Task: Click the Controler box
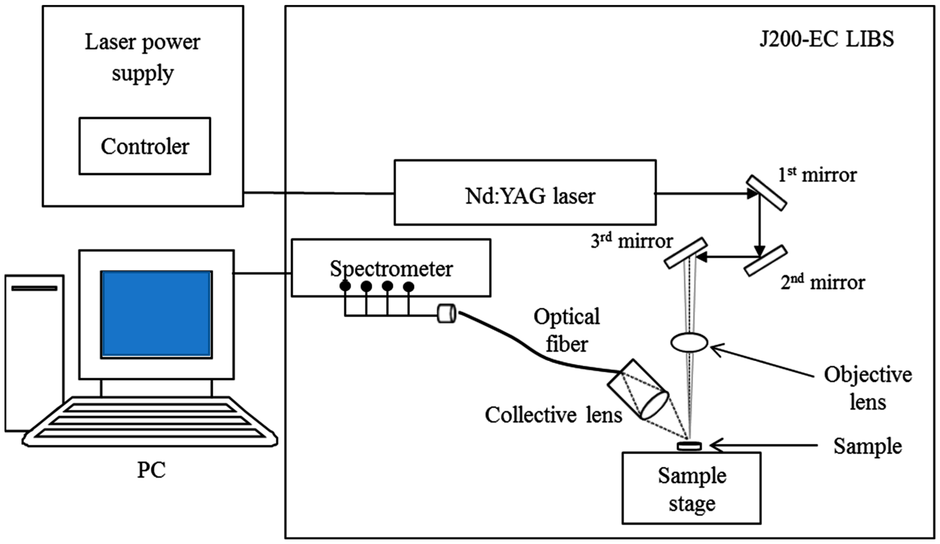click(x=145, y=146)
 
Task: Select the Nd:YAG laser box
click(x=525, y=193)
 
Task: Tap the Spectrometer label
click(x=391, y=268)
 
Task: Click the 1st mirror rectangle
click(x=766, y=193)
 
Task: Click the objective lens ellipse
click(x=689, y=342)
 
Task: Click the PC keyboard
click(x=150, y=422)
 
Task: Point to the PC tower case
click(x=34, y=353)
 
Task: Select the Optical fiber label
click(x=567, y=330)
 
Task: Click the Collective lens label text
click(x=553, y=415)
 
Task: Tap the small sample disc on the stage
click(x=689, y=446)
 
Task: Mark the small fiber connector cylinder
click(x=446, y=314)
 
